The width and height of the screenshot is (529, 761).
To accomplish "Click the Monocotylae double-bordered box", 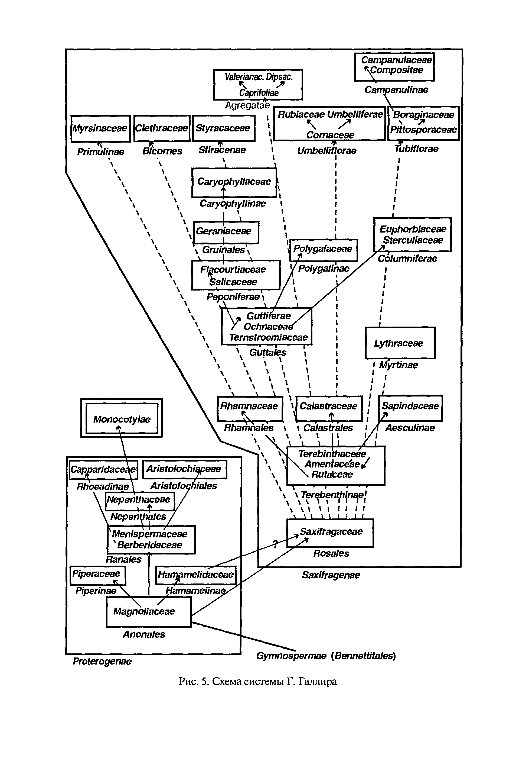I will [x=122, y=418].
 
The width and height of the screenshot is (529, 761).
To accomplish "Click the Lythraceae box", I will [x=400, y=343].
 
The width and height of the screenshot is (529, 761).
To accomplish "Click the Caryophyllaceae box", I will [x=234, y=183].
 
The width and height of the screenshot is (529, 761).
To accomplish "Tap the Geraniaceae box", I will [x=226, y=232].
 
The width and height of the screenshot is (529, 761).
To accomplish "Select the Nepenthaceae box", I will [x=140, y=501].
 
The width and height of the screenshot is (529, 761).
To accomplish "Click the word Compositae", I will [x=397, y=70].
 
